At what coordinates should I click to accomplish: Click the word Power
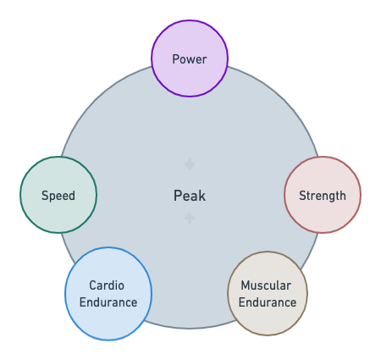tap(190, 59)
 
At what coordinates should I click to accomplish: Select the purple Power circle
tap(190, 58)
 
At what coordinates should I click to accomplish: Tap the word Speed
tap(58, 196)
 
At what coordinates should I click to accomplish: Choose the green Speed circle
tap(58, 195)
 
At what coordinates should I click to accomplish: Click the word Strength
tap(323, 196)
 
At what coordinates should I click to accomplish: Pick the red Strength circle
tap(323, 195)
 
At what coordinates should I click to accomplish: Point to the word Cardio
tap(107, 285)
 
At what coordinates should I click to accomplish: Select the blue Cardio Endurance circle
tap(108, 294)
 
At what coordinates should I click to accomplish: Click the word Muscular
tap(266, 285)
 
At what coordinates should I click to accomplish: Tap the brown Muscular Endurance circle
tap(268, 294)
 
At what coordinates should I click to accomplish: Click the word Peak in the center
tap(190, 196)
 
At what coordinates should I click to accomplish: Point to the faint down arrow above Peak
tap(190, 164)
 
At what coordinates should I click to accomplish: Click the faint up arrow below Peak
tap(190, 218)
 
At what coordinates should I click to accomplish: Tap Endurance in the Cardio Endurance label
tap(108, 302)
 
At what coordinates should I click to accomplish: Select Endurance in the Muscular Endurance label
tap(268, 302)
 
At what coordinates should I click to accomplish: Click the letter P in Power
tap(175, 59)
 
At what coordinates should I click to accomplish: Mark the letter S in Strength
tap(302, 196)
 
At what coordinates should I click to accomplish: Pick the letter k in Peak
tap(202, 196)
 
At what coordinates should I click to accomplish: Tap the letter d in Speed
tap(72, 196)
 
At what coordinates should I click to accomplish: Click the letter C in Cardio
tap(93, 285)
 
